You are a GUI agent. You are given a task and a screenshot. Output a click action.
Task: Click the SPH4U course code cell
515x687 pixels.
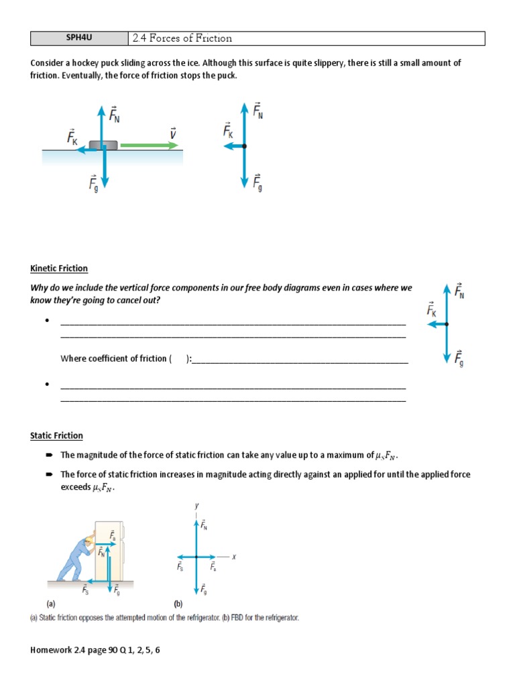(x=79, y=38)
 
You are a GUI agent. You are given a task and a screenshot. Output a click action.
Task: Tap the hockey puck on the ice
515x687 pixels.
(x=103, y=145)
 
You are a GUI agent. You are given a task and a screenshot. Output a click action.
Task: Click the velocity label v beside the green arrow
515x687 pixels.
(x=172, y=134)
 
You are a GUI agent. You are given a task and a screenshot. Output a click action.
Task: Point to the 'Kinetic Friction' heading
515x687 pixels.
(x=59, y=268)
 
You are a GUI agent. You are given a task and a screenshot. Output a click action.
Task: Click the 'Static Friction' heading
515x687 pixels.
(x=56, y=435)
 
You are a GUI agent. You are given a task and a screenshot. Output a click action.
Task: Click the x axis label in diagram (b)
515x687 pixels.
(x=234, y=556)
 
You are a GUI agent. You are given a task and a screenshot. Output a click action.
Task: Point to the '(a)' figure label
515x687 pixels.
(x=51, y=603)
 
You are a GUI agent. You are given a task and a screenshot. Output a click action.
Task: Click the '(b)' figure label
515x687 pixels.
(x=178, y=603)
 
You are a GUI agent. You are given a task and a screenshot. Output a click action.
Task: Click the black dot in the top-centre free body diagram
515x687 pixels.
(x=244, y=146)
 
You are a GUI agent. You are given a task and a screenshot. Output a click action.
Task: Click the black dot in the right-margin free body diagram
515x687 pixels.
(x=447, y=324)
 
